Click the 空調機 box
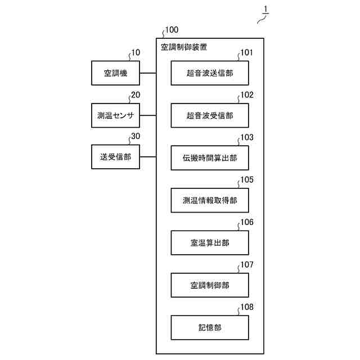[x=116, y=73]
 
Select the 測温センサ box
[x=116, y=115]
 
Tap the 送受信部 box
[x=116, y=157]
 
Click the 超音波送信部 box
[x=210, y=73]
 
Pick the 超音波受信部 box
[x=210, y=116]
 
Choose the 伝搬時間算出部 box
[x=210, y=158]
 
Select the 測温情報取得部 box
[x=210, y=200]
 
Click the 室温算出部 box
[x=210, y=243]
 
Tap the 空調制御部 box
[x=210, y=285]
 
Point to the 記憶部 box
[x=210, y=327]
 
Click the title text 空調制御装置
[x=183, y=48]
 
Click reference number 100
[x=171, y=29]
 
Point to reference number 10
[x=135, y=53]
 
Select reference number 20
[x=136, y=95]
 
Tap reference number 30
[x=136, y=137]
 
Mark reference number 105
[x=247, y=180]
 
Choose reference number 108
[x=247, y=307]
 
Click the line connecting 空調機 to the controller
[x=148, y=73]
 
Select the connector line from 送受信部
[x=148, y=157]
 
